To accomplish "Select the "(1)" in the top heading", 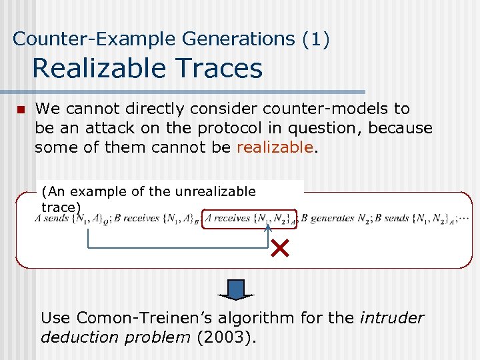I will (x=315, y=39).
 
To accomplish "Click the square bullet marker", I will (x=21, y=109).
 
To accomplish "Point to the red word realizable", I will (x=274, y=147).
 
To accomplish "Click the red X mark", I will (x=279, y=250).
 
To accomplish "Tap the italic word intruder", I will (x=391, y=317).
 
